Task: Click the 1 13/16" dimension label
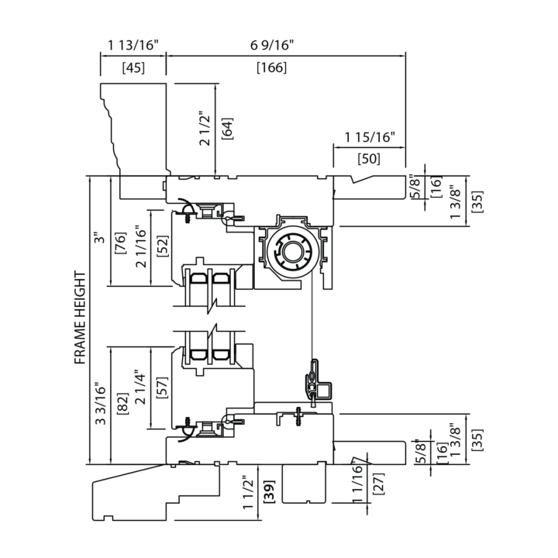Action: coord(133,45)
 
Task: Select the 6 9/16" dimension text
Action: coord(272,45)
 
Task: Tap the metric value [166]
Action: coord(271,67)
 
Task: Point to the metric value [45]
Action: coord(133,67)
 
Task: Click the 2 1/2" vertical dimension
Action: coord(205,130)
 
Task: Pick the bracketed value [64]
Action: coord(227,129)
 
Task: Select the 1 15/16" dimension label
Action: coord(370,137)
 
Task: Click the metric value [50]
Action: coord(369,159)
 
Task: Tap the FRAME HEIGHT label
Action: coord(81,318)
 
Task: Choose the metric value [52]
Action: coord(162,246)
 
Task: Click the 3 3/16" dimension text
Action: coord(101,404)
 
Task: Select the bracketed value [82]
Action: coord(122,404)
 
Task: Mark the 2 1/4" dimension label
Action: coord(141,389)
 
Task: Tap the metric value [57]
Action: coord(162,387)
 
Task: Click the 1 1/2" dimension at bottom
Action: coord(248,492)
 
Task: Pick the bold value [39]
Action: coord(269,491)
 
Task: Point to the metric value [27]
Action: coord(378,484)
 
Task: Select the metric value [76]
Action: coord(121,243)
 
